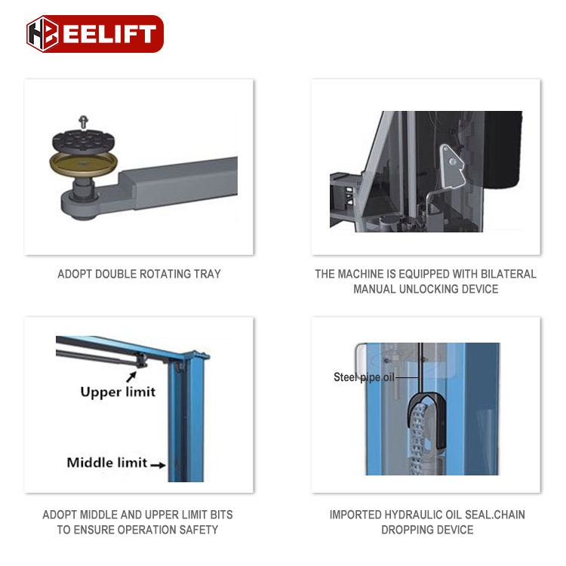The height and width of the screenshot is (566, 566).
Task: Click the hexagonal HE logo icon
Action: (43, 34)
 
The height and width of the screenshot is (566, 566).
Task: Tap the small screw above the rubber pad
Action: (83, 120)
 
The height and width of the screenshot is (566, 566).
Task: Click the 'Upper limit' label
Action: (118, 392)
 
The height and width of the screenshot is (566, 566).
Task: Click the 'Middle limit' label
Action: (106, 463)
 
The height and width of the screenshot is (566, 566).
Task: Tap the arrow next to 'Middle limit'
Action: (158, 465)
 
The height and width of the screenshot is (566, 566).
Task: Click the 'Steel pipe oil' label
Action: (364, 377)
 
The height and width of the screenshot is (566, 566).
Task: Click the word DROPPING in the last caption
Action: (411, 530)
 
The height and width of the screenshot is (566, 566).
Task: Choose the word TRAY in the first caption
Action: (207, 274)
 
